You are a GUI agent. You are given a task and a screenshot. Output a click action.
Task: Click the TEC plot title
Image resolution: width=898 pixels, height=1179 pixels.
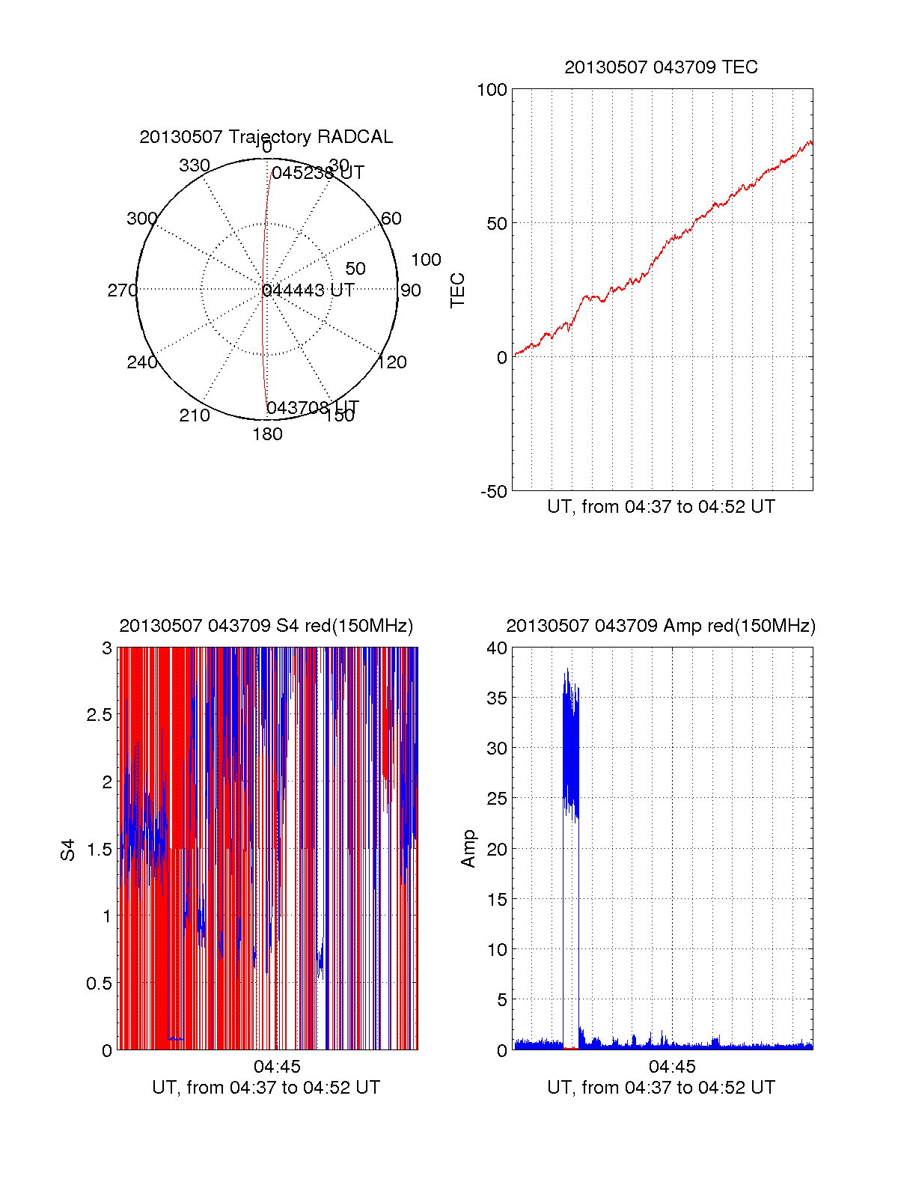(x=661, y=67)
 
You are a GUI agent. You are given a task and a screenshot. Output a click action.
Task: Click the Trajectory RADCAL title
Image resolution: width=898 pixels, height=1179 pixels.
(x=266, y=137)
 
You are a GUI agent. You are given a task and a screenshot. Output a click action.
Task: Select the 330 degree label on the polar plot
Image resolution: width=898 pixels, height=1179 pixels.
(x=195, y=165)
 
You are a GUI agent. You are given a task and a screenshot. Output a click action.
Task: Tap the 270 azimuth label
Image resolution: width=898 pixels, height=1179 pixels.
(x=122, y=290)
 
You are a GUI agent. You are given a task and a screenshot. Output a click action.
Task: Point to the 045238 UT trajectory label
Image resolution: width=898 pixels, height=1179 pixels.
(x=317, y=173)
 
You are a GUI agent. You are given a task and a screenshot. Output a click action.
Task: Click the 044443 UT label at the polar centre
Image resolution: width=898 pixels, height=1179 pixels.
(x=308, y=290)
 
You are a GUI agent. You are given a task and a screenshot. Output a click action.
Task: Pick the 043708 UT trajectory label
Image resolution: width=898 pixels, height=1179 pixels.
(x=313, y=408)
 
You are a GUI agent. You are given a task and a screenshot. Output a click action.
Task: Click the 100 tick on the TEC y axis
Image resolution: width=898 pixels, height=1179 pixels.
(x=492, y=90)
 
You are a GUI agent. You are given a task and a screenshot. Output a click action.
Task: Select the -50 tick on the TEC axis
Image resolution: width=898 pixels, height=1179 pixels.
(x=493, y=491)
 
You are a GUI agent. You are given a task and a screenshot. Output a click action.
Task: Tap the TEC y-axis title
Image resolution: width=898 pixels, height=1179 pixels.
(x=457, y=290)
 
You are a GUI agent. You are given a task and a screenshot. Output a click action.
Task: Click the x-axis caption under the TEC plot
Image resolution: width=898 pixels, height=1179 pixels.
(x=661, y=507)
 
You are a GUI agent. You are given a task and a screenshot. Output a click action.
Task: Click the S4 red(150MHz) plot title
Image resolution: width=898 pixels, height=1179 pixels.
(x=266, y=626)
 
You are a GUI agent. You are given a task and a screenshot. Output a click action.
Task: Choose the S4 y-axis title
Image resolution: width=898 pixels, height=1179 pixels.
(x=68, y=850)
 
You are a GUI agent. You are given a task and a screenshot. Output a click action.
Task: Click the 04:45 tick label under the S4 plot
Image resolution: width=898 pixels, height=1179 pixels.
(x=277, y=1067)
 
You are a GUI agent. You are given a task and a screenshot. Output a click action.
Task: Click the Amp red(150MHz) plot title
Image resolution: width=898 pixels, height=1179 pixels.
(x=661, y=626)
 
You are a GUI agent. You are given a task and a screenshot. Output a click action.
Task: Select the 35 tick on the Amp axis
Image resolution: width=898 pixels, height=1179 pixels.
(x=497, y=698)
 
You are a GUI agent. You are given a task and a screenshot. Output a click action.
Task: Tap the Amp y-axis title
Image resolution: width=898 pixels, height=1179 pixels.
(x=468, y=849)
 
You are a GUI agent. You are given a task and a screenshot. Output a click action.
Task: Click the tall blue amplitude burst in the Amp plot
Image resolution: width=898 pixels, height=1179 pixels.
(x=571, y=749)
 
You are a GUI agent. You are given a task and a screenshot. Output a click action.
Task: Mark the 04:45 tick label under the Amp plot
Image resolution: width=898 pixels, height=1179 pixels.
(x=672, y=1067)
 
